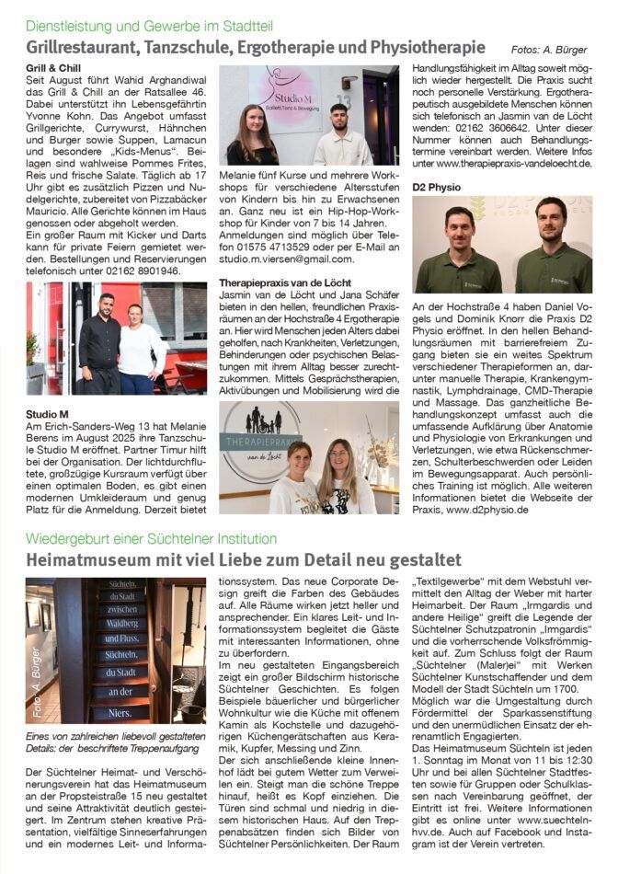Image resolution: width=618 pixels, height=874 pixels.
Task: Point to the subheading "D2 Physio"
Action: tap(438, 187)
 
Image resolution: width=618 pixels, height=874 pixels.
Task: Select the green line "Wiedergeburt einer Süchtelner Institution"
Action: tap(151, 538)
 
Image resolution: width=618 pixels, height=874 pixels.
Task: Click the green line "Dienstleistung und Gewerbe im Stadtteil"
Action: tap(149, 26)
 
